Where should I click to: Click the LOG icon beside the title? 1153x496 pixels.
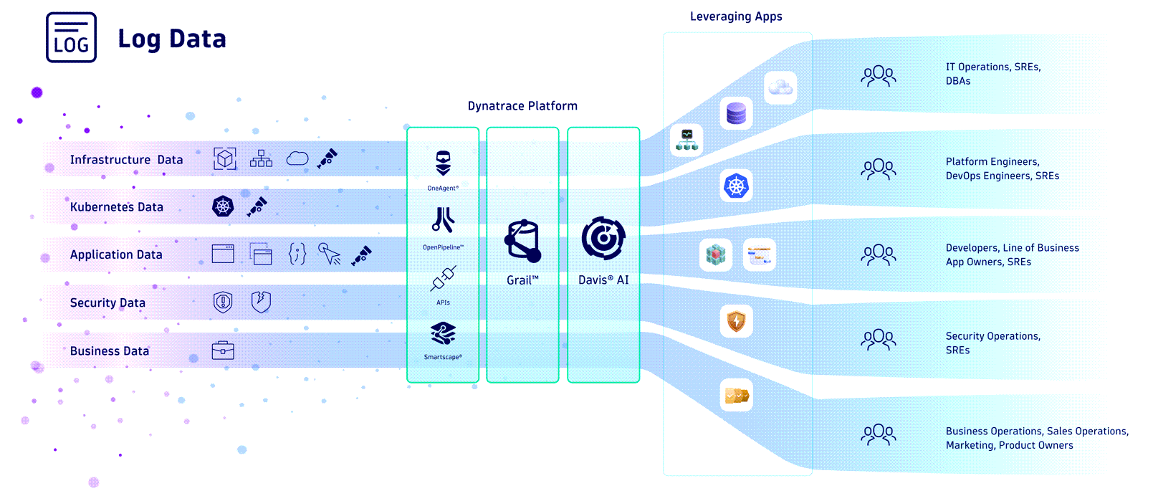point(71,38)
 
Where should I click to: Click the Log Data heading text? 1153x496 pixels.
point(172,39)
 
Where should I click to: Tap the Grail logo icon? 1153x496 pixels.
point(522,241)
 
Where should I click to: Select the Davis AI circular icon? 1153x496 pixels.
point(603,239)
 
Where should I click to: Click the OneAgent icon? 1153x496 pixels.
point(443,163)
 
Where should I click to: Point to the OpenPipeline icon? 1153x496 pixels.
point(443,221)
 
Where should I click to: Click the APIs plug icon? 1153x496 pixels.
point(443,279)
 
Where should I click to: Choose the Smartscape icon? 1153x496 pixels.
point(443,334)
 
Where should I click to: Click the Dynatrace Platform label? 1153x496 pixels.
point(522,106)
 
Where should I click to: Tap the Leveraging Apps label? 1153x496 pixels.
point(736,16)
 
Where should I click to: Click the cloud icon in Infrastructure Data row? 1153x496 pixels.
point(297,158)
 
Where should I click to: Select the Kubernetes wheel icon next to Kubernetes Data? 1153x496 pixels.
point(224,206)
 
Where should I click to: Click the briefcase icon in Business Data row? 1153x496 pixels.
point(223,350)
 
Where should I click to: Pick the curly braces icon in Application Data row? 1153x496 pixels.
point(297,254)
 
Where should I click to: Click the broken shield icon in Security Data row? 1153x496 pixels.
point(261,302)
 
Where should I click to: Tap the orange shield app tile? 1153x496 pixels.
point(736,321)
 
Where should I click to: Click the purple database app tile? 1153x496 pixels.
point(736,113)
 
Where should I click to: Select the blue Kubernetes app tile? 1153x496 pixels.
point(736,186)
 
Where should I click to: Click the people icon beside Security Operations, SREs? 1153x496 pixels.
point(879,340)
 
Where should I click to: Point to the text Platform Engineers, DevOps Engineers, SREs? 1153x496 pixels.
point(1002,168)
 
